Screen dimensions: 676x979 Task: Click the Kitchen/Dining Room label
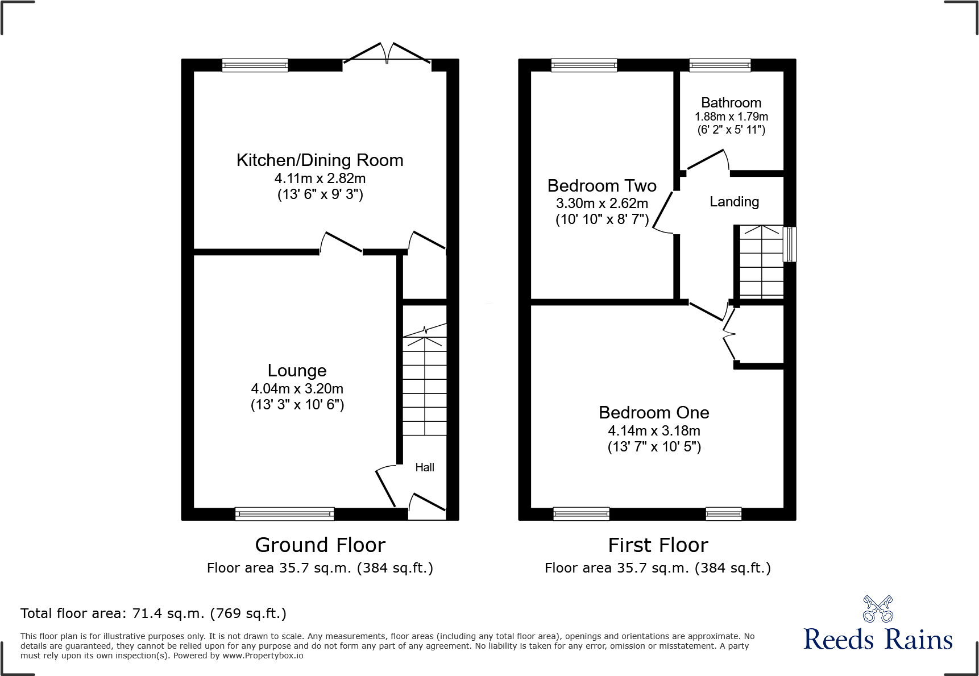pyautogui.click(x=320, y=160)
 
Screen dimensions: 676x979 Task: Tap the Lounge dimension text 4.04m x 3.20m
pyautogui.click(x=297, y=389)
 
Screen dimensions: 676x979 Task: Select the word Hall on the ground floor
pyautogui.click(x=424, y=467)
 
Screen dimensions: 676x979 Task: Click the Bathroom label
pyautogui.click(x=731, y=103)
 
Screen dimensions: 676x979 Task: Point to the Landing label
pyautogui.click(x=734, y=202)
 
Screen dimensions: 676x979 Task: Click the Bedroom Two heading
pyautogui.click(x=601, y=186)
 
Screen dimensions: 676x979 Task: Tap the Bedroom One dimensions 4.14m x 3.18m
pyautogui.click(x=654, y=431)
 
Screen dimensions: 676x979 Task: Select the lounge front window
pyautogui.click(x=284, y=514)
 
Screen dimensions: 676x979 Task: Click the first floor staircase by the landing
pyautogui.click(x=761, y=262)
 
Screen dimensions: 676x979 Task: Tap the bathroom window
pyautogui.click(x=720, y=65)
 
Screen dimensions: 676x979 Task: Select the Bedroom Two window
pyautogui.click(x=584, y=65)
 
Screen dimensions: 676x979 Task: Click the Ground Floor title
pyautogui.click(x=320, y=545)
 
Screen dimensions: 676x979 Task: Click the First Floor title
pyautogui.click(x=658, y=545)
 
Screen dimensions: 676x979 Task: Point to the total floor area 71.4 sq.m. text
pyautogui.click(x=154, y=613)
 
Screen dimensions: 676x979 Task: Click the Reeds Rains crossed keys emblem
pyautogui.click(x=878, y=609)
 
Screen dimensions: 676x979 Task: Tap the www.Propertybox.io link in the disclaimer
pyautogui.click(x=263, y=656)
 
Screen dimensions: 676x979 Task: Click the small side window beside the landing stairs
pyautogui.click(x=789, y=244)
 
